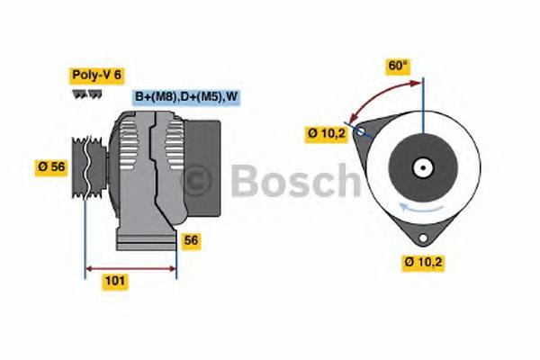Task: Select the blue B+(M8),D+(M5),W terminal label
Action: (187, 97)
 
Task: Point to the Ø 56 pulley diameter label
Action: (52, 166)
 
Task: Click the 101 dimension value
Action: (114, 281)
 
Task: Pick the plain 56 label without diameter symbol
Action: (190, 240)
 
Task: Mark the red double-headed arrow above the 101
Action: (130, 267)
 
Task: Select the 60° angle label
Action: (397, 66)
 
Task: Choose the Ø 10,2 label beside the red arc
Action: (325, 134)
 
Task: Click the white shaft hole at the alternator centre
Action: (421, 167)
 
